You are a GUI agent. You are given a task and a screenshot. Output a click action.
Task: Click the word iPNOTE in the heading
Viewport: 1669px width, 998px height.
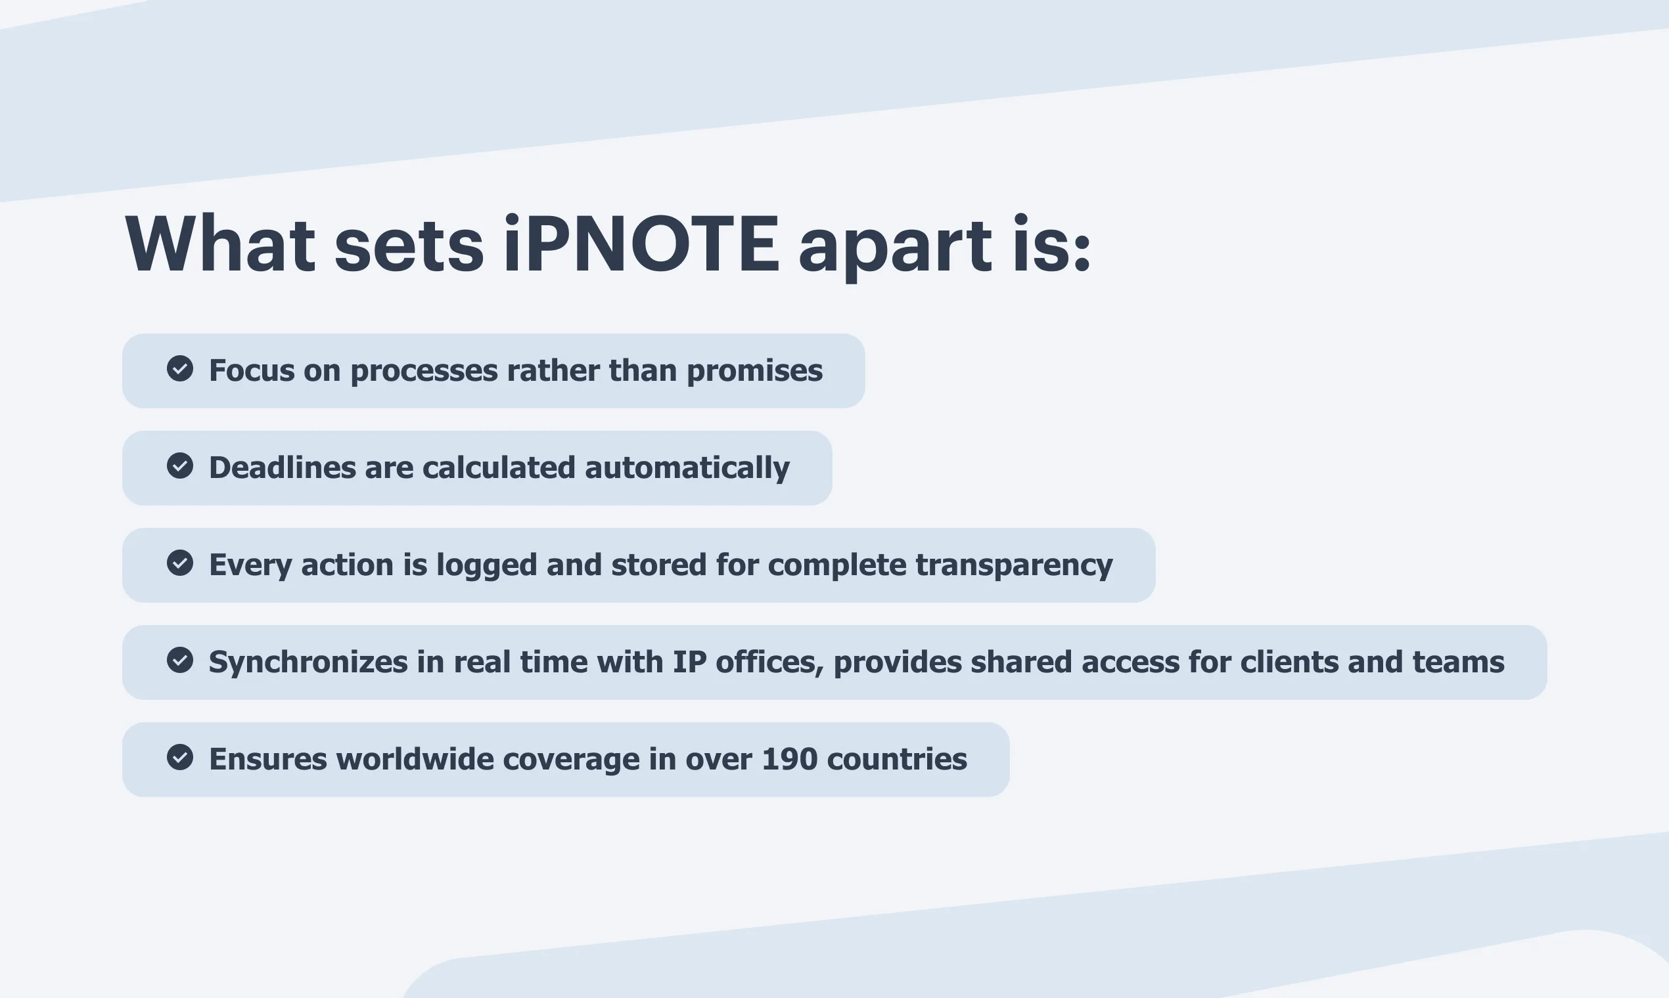641,244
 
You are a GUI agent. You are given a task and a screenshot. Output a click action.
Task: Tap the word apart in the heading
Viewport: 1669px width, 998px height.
895,248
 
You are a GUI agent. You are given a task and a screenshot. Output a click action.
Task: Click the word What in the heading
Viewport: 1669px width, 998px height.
220,243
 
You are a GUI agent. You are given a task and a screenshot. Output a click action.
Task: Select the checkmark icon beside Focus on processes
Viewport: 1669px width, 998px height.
179,368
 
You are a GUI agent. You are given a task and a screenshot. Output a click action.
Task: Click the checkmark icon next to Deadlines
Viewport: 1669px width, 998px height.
179,466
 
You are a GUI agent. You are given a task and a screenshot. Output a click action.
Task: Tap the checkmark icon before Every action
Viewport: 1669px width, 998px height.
179,563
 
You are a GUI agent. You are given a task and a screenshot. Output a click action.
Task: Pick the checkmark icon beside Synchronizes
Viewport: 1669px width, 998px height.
179,660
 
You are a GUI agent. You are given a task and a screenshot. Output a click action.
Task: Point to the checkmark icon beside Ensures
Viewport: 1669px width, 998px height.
179,757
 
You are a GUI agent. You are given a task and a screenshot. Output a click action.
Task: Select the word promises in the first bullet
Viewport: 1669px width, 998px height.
754,371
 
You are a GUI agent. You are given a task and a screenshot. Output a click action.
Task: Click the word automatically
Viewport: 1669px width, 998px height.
687,467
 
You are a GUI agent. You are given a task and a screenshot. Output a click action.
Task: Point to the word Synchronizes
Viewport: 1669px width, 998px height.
308,662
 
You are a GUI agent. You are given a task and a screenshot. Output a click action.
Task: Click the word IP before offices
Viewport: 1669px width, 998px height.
690,662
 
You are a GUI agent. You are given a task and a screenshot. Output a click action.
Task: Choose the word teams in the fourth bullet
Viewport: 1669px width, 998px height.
1458,662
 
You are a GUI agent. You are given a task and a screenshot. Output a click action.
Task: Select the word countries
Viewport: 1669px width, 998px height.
897,759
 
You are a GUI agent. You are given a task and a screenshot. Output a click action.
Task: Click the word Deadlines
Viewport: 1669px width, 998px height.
283,467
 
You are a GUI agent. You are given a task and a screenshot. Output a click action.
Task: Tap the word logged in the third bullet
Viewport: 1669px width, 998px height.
486,565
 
